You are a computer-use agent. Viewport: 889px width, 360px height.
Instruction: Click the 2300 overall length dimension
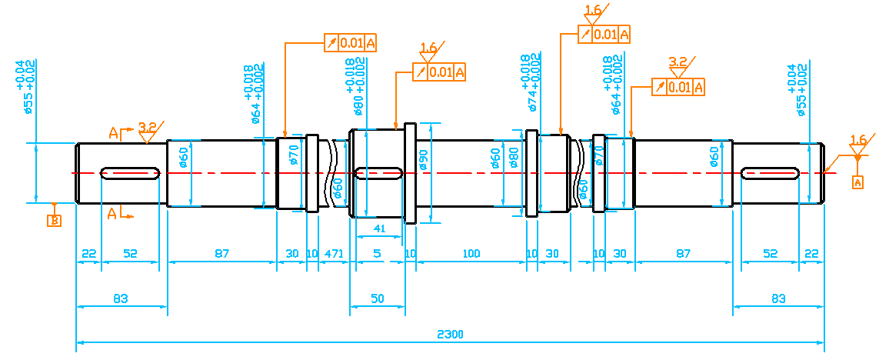tap(450, 335)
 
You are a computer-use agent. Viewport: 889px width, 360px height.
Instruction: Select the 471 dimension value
tap(334, 254)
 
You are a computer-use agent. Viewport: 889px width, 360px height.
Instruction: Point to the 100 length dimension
tap(471, 254)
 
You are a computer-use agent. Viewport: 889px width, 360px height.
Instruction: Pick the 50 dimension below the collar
tap(377, 298)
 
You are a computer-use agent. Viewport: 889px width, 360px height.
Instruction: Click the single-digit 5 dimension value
tap(377, 254)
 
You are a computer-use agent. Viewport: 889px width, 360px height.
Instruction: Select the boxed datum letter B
tap(55, 222)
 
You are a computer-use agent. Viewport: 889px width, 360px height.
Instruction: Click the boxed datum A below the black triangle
tap(858, 182)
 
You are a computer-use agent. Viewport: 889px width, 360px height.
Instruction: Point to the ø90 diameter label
tap(422, 159)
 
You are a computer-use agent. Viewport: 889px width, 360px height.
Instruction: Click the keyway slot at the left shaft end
tap(131, 173)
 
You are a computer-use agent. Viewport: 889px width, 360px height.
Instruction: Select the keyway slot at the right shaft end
tap(770, 173)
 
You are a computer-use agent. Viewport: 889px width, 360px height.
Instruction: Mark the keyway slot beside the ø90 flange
tap(378, 174)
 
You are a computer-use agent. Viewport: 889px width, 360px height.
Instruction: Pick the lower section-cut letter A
tap(112, 214)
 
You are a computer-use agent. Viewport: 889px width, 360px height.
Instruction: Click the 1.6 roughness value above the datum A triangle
tap(858, 140)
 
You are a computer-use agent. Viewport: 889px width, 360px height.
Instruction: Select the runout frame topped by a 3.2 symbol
tap(678, 86)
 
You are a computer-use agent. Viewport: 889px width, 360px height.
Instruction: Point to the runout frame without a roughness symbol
tap(351, 42)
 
